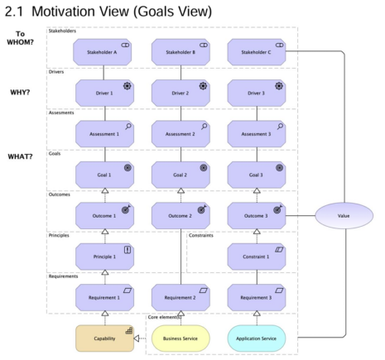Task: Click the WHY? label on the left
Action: point(21,92)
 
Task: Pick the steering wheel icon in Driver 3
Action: point(280,85)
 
